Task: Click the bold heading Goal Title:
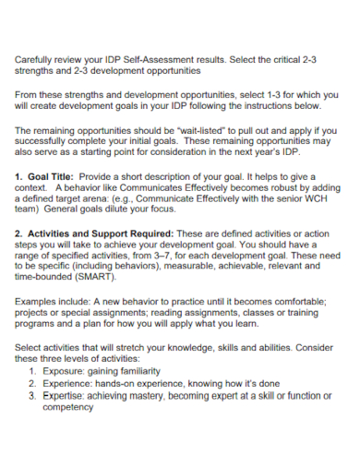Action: pyautogui.click(x=49, y=175)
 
